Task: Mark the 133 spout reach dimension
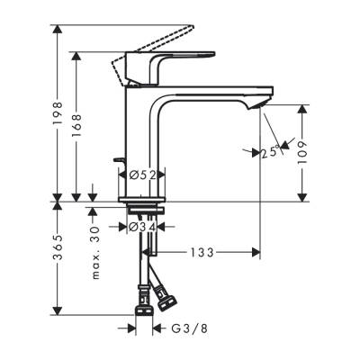(x=201, y=253)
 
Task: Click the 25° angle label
(x=269, y=152)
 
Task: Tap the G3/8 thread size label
(x=186, y=329)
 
